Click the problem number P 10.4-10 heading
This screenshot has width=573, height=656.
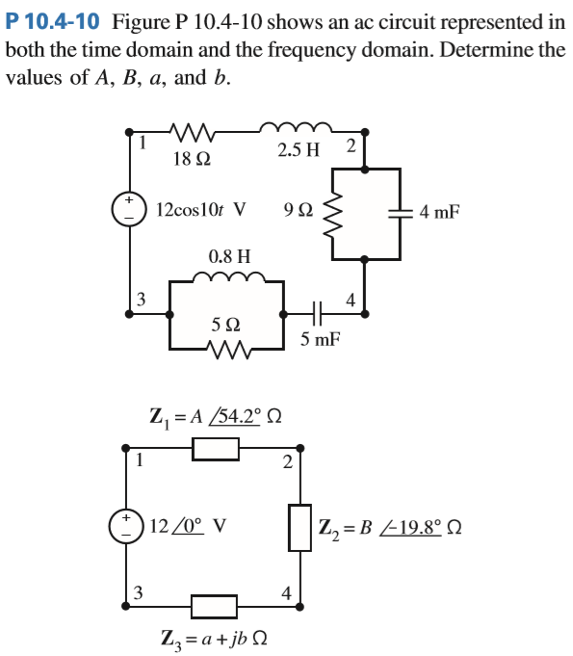pyautogui.click(x=54, y=20)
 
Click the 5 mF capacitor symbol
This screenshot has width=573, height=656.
pyautogui.click(x=318, y=312)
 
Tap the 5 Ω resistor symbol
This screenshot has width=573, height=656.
pyautogui.click(x=227, y=345)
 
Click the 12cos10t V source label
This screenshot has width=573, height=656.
pyautogui.click(x=199, y=208)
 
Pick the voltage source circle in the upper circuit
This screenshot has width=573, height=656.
pyautogui.click(x=128, y=209)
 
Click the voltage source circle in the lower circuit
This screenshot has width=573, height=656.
pyautogui.click(x=128, y=527)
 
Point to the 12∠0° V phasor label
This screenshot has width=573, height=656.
pyautogui.click(x=188, y=527)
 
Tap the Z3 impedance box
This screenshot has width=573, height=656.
pyautogui.click(x=215, y=606)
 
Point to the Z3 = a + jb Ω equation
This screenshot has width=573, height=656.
pyautogui.click(x=214, y=638)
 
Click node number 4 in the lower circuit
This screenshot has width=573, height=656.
pyautogui.click(x=286, y=592)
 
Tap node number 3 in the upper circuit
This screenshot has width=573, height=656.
pyautogui.click(x=140, y=298)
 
